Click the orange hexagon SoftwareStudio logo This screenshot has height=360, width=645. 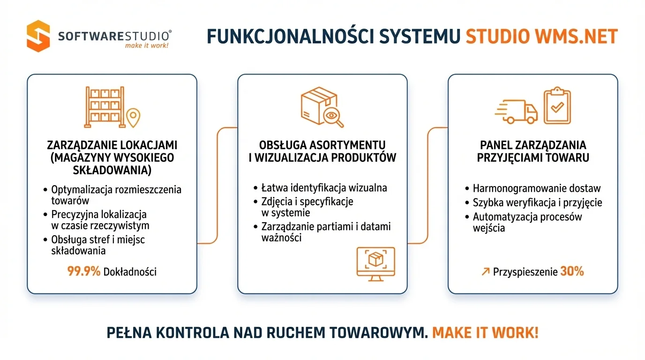(x=38, y=36)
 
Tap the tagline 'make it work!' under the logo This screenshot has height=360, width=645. (x=146, y=45)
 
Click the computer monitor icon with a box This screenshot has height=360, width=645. (x=376, y=263)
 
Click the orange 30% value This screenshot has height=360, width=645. (x=572, y=271)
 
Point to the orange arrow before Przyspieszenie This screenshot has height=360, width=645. (x=485, y=271)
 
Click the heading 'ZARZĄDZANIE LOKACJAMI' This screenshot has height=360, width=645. (x=112, y=144)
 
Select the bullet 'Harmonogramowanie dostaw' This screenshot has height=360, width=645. (x=536, y=188)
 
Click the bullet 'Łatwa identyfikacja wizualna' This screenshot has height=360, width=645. (x=324, y=188)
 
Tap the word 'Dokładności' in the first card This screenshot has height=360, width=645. (x=130, y=271)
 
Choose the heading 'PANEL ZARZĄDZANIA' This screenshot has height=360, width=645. (x=533, y=144)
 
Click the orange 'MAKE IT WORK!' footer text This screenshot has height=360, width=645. (x=485, y=332)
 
